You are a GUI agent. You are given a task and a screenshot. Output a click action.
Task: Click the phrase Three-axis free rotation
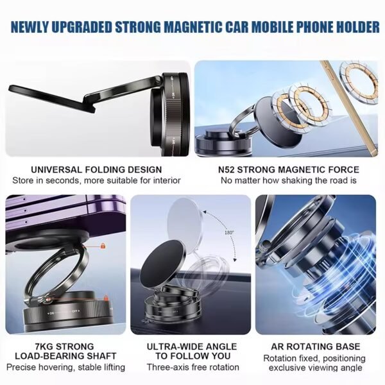192,368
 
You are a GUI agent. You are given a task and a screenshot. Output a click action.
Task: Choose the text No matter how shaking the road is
289,180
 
